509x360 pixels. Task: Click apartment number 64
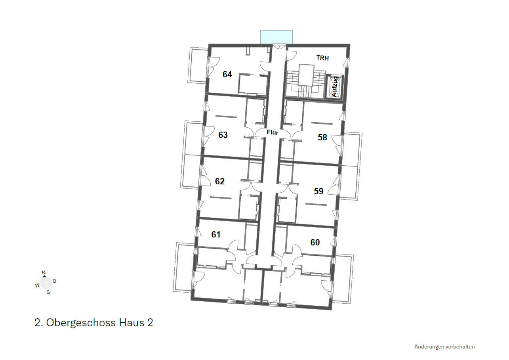coord(227,75)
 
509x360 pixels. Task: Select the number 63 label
coord(223,135)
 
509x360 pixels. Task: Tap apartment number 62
coord(220,181)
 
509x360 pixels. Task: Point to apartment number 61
coord(216,234)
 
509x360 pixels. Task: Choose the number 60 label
coord(315,242)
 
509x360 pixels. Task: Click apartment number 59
coord(318,191)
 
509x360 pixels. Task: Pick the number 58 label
coord(322,137)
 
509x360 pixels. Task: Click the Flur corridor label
coord(273,132)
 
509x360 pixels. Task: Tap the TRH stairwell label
coord(322,58)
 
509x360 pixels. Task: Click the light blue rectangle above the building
coord(276,37)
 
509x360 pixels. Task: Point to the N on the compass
coord(44,273)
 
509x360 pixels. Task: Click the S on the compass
coord(48,292)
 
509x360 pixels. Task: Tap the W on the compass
coord(37,285)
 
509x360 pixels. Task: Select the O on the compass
coord(54,281)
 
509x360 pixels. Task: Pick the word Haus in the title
coord(132,322)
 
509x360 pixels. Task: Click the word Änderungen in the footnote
coord(429,347)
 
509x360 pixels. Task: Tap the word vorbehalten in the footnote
coord(460,347)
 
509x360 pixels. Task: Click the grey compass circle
coord(46,283)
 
